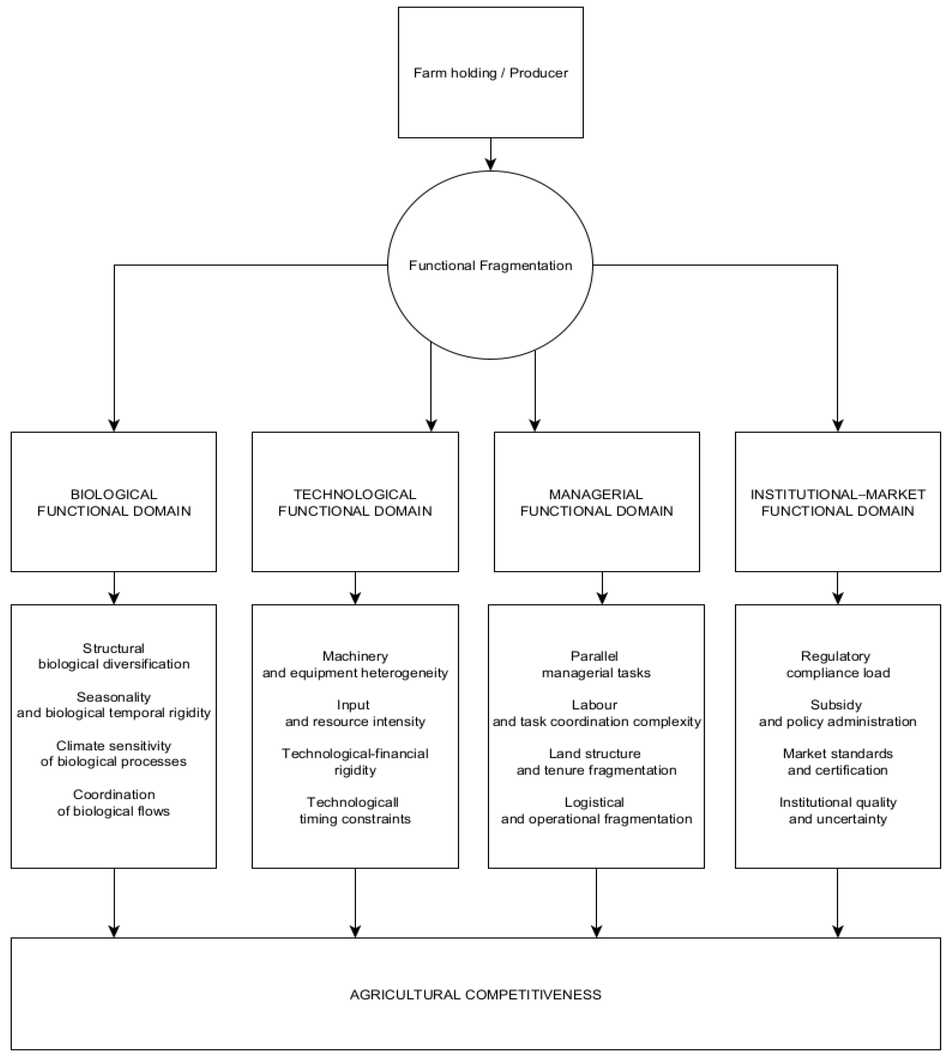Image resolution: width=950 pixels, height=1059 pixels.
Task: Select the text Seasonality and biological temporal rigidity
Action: [x=114, y=705]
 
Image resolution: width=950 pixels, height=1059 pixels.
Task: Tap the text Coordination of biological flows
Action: [x=114, y=802]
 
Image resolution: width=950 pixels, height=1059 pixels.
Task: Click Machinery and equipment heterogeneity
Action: [x=355, y=664]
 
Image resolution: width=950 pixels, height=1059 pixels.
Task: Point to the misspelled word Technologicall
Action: [x=353, y=802]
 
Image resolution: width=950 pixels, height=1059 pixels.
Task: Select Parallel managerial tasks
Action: [x=596, y=664]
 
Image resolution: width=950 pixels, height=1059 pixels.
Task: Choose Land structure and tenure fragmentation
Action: [x=596, y=762]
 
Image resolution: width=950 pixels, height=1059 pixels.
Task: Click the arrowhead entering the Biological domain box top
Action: [x=114, y=426]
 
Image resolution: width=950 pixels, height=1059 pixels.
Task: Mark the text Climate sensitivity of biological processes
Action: [x=114, y=753]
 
